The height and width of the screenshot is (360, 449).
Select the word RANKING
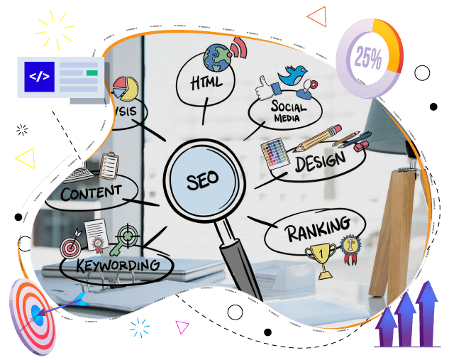click(317, 229)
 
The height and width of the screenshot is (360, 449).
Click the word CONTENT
click(90, 192)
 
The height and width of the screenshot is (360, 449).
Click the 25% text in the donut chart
click(368, 56)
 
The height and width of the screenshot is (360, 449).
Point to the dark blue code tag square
click(39, 77)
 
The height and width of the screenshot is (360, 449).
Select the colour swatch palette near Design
click(274, 153)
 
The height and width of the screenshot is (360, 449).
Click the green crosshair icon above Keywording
click(128, 235)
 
